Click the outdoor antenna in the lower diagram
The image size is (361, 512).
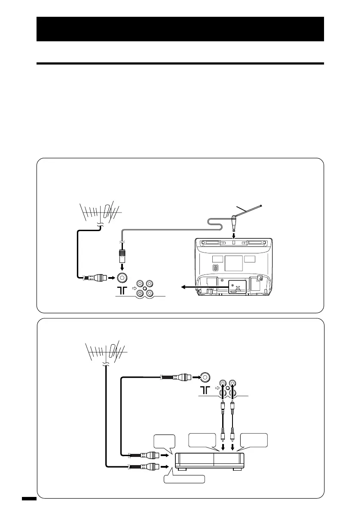tap(104, 349)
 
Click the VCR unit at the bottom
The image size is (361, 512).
tap(209, 461)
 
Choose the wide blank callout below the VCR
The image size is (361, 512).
tap(184, 479)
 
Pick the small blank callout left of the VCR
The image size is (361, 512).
tap(164, 441)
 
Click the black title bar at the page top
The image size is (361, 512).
tap(180, 29)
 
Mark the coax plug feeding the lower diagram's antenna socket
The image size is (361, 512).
tap(181, 377)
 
